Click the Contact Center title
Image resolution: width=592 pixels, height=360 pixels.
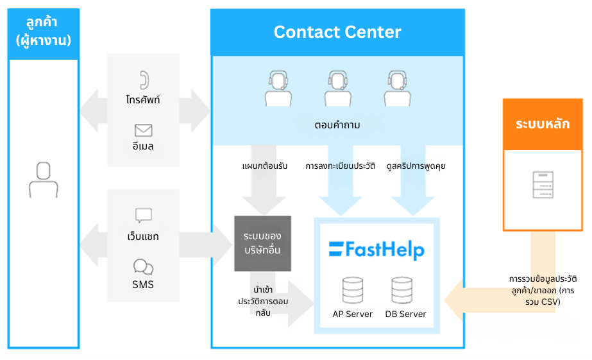337,32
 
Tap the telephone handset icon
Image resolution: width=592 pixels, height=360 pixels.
143,80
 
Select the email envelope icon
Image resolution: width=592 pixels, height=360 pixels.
143,130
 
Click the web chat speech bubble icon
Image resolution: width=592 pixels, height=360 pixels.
143,216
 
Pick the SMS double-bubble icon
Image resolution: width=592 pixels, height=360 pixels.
143,267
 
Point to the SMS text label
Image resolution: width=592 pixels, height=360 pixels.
143,284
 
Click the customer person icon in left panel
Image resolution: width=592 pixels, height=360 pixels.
43,179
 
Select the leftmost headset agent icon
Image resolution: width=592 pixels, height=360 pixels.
278,88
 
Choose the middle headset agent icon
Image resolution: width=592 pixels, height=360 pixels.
337,88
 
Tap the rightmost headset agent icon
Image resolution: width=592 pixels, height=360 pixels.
397,88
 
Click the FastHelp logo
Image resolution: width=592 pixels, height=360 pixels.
376,249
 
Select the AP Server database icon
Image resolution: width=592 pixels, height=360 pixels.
352,290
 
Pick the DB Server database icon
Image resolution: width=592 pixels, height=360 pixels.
402,290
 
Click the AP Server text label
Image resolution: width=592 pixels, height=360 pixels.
352,314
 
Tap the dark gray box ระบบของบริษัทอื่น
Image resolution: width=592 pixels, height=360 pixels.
262,243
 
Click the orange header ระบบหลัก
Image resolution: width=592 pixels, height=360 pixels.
542,124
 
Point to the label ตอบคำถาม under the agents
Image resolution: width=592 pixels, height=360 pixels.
337,125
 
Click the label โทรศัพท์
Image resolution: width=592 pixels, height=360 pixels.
143,100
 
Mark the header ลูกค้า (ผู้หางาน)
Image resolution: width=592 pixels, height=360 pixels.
43,32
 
